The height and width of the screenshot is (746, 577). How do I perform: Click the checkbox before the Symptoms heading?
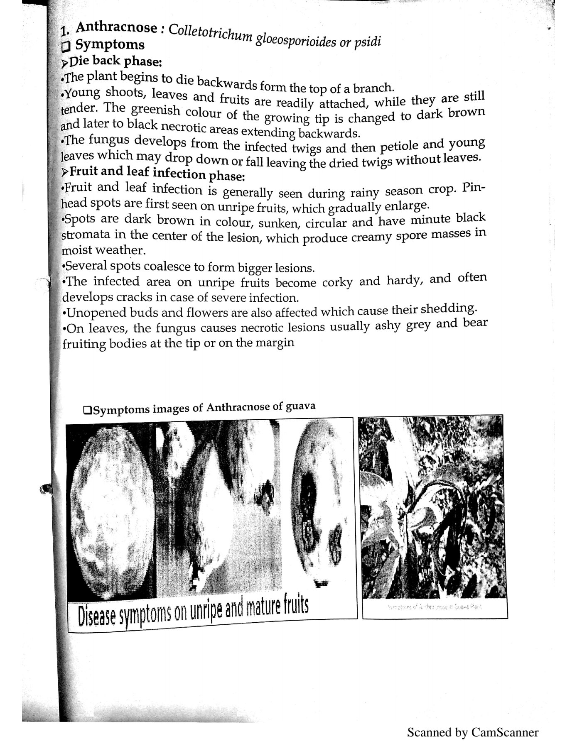click(x=66, y=45)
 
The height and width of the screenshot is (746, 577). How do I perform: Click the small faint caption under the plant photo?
click(x=435, y=607)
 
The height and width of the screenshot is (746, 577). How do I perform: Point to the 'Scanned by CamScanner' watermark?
click(x=472, y=732)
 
